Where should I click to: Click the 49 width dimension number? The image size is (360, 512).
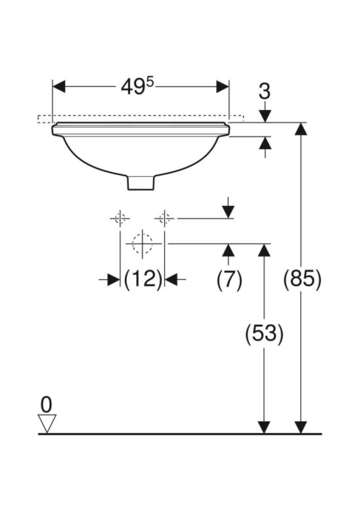pos(133,87)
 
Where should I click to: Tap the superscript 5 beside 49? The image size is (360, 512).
pos(149,82)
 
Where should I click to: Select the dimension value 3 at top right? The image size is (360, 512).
pos(265,91)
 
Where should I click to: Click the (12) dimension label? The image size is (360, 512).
pos(143,279)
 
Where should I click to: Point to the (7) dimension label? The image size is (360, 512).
pos(229,280)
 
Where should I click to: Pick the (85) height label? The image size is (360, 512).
pos(302,279)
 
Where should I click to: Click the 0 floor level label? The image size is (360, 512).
pos(46,405)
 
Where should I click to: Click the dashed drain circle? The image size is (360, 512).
pos(142,244)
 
